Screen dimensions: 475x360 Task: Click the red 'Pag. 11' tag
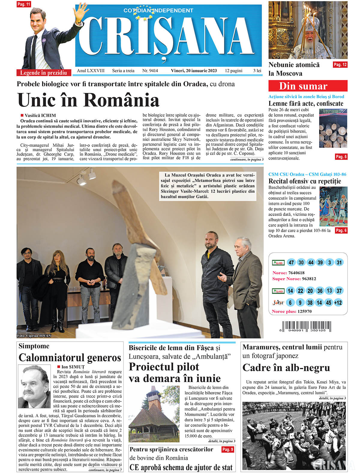pos(24,4)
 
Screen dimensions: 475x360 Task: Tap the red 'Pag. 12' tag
pos(340,64)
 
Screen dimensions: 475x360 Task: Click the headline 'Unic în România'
pos(88,100)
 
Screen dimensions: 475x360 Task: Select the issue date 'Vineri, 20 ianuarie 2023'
pos(194,71)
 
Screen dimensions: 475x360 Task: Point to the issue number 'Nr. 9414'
pos(150,71)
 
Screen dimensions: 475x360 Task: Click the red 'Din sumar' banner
pos(307,86)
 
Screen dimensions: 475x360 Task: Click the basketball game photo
pos(333,206)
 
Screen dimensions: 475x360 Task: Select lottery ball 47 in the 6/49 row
pos(291,263)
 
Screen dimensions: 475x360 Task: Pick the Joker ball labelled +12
pos(338,303)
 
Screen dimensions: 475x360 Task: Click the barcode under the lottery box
pos(307,326)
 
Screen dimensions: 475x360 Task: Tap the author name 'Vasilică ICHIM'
pos(40,115)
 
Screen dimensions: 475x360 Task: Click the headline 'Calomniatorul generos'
pos(70,357)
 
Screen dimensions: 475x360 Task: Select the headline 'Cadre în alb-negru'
pos(286,368)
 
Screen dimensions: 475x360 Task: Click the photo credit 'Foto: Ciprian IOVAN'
pos(34,336)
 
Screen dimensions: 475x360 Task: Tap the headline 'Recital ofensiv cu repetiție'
pos(304,181)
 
